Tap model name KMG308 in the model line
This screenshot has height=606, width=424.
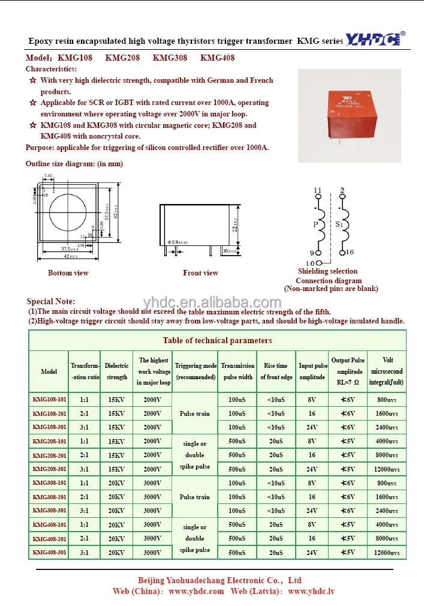click(x=170, y=58)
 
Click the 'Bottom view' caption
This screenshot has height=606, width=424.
click(x=68, y=273)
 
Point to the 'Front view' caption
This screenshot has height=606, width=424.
click(x=200, y=273)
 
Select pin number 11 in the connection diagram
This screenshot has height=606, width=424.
click(x=318, y=191)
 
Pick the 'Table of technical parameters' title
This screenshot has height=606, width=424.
click(x=217, y=340)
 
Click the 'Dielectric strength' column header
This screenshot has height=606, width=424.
click(x=116, y=371)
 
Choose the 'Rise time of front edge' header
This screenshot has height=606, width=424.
click(x=276, y=371)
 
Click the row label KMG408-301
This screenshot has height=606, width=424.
click(x=49, y=552)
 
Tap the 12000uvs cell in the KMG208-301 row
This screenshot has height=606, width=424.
click(x=386, y=469)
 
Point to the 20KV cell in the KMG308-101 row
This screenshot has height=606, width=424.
click(x=116, y=483)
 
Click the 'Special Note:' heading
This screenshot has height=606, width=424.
click(x=51, y=301)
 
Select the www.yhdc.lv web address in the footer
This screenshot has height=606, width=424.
click(x=311, y=591)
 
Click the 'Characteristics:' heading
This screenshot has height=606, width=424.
click(x=51, y=69)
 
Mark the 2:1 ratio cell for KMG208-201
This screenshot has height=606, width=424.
click(x=85, y=455)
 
